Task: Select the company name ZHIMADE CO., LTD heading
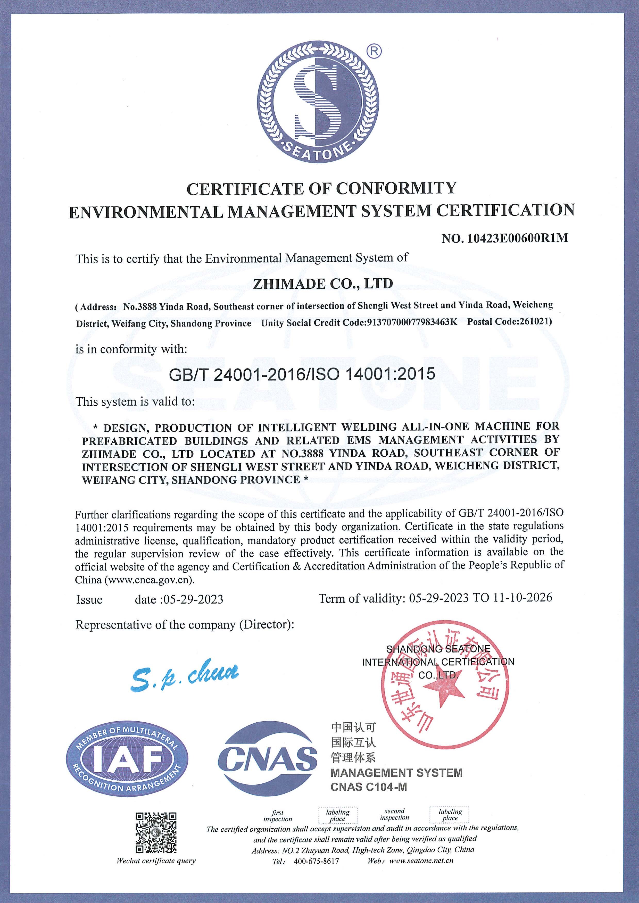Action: (323, 283)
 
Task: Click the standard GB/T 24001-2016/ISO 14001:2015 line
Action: (302, 373)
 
